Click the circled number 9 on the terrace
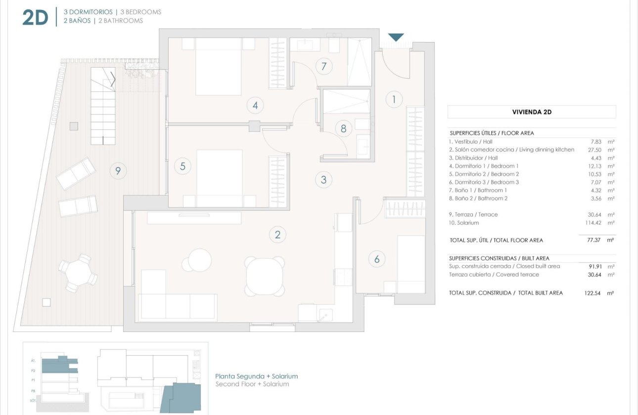pyautogui.click(x=118, y=171)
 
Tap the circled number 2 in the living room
pyautogui.click(x=277, y=235)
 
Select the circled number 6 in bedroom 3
pyautogui.click(x=377, y=258)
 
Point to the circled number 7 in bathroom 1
pyautogui.click(x=324, y=66)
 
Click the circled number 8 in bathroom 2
pyautogui.click(x=343, y=128)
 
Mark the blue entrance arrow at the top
pyautogui.click(x=396, y=38)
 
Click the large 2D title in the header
pyautogui.click(x=35, y=17)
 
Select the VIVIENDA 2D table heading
pyautogui.click(x=532, y=112)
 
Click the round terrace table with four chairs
pyautogui.click(x=77, y=272)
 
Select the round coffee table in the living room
pyautogui.click(x=196, y=260)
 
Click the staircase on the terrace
pyautogui.click(x=103, y=106)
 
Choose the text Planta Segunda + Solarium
pyautogui.click(x=256, y=376)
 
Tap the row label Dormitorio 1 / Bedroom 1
pyautogui.click(x=484, y=166)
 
